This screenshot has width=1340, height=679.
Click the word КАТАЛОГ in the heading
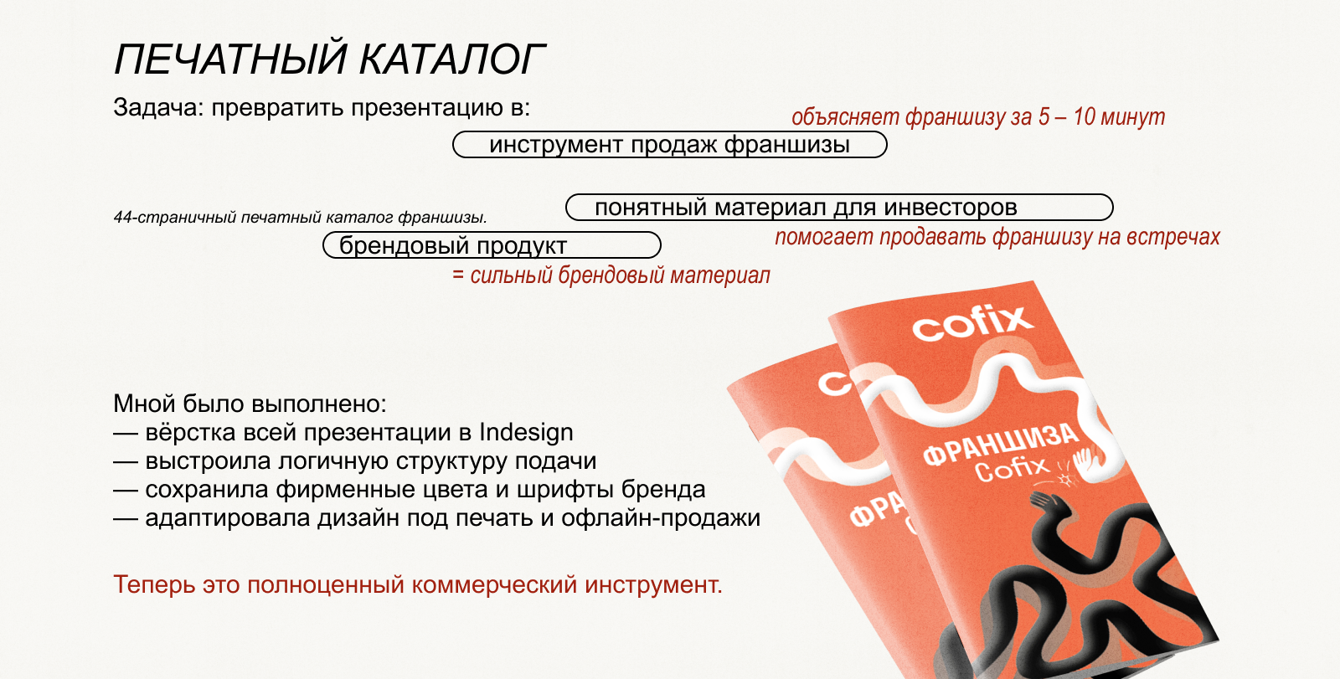pyautogui.click(x=452, y=59)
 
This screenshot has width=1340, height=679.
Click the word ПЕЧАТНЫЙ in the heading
pyautogui.click(x=230, y=59)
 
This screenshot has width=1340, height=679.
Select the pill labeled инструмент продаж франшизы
pyautogui.click(x=669, y=145)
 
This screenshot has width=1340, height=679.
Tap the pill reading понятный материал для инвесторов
pyautogui.click(x=839, y=208)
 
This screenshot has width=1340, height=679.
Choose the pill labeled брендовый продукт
pyautogui.click(x=492, y=245)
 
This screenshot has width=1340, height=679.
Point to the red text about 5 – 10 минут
pyautogui.click(x=977, y=116)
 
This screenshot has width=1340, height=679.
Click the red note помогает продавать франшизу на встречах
pyautogui.click(x=997, y=237)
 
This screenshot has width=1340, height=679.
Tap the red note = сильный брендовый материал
pyautogui.click(x=611, y=275)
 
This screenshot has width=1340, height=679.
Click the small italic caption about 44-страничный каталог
pyautogui.click(x=300, y=218)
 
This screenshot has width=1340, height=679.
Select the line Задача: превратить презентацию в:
pyautogui.click(x=322, y=108)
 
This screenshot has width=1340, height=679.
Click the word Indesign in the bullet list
pyautogui.click(x=526, y=433)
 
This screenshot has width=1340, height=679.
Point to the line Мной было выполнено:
pyautogui.click(x=250, y=404)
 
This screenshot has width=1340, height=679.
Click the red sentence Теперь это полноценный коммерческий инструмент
pyautogui.click(x=417, y=584)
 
